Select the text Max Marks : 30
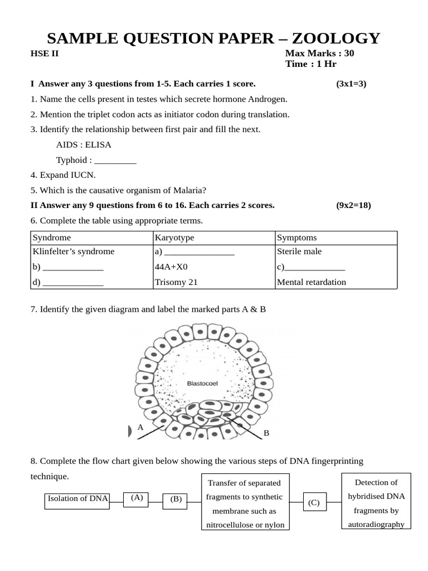click(319, 54)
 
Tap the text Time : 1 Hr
click(311, 64)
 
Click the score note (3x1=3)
click(351, 84)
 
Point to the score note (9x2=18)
click(353, 205)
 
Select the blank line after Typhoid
click(115, 161)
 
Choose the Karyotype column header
click(174, 238)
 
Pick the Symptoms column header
click(296, 238)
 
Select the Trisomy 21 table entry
click(176, 282)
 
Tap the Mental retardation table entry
click(311, 282)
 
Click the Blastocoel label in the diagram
click(202, 383)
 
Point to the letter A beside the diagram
click(140, 427)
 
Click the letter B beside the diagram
click(266, 433)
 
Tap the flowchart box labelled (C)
click(314, 502)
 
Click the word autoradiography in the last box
click(376, 524)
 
